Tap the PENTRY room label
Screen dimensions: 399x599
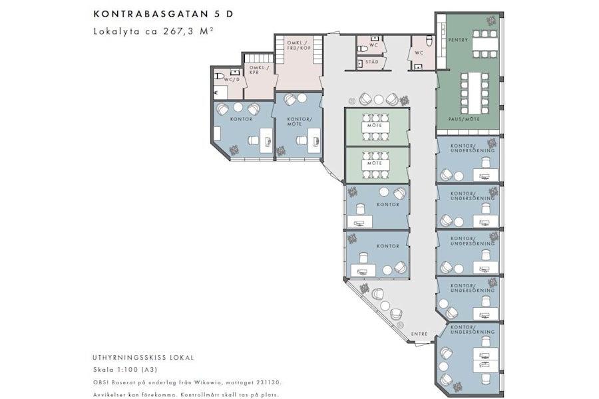pos(458,40)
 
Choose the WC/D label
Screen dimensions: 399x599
pos(231,80)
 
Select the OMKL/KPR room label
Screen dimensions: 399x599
pos(258,69)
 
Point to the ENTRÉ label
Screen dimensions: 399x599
pos(419,334)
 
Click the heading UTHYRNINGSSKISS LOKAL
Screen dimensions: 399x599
pos(143,358)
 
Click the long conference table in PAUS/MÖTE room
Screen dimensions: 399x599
pos(475,92)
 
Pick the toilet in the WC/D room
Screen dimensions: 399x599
pos(220,76)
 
